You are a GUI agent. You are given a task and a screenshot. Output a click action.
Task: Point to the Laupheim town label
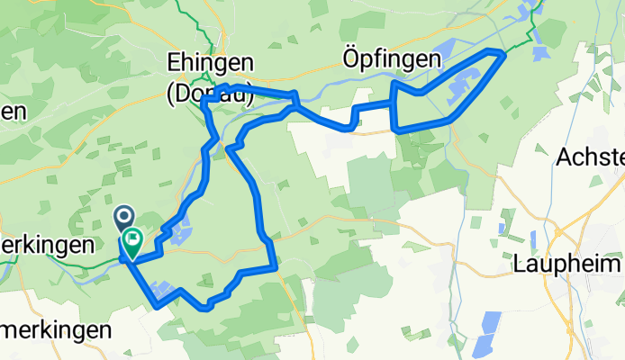pos(566,265)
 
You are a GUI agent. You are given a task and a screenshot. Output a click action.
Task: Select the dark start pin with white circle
pos(123,217)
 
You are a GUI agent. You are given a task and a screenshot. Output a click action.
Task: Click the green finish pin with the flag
pos(133,241)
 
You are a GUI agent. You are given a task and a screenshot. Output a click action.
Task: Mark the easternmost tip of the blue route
pos(503,56)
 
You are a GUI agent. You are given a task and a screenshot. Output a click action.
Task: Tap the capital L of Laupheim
pos(519,265)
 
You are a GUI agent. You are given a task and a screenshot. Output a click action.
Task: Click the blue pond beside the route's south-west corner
pos(164,290)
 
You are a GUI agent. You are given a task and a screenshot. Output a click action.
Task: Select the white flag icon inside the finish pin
pos(133,239)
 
